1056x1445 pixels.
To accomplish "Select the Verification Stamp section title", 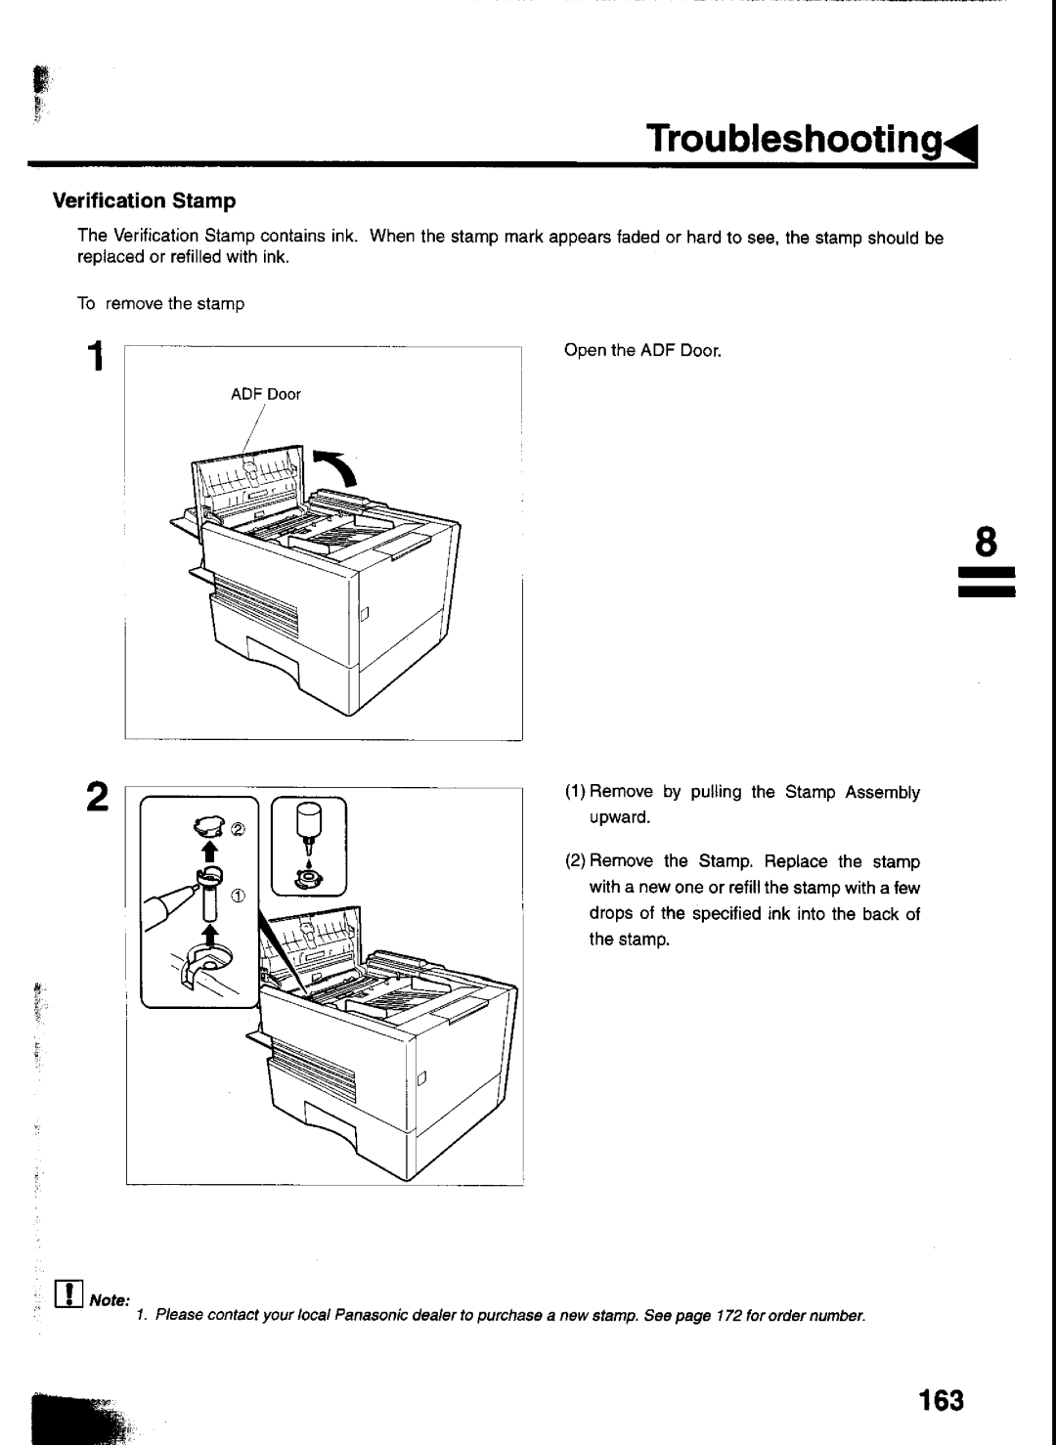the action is tap(145, 200).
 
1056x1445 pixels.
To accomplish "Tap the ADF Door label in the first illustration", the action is tap(266, 394).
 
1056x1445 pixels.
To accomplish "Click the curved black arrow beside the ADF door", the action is tap(337, 466).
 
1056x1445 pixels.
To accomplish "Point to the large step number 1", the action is tap(96, 356).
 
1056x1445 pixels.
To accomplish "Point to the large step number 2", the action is tap(98, 797).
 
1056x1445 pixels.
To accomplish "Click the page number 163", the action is tap(942, 1400).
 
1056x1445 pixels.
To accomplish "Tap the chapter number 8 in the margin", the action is tap(986, 542).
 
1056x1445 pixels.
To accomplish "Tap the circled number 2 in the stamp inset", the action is tap(238, 830).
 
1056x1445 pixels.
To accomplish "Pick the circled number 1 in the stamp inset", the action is tap(238, 896).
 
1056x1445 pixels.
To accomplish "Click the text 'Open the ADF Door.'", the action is tap(642, 351).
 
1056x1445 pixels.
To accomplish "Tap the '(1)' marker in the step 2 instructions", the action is tap(575, 792).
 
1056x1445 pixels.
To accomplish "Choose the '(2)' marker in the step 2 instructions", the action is tap(575, 861).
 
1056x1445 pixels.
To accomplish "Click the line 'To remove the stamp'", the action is tap(160, 304).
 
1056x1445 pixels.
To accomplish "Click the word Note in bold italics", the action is tap(110, 1300).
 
